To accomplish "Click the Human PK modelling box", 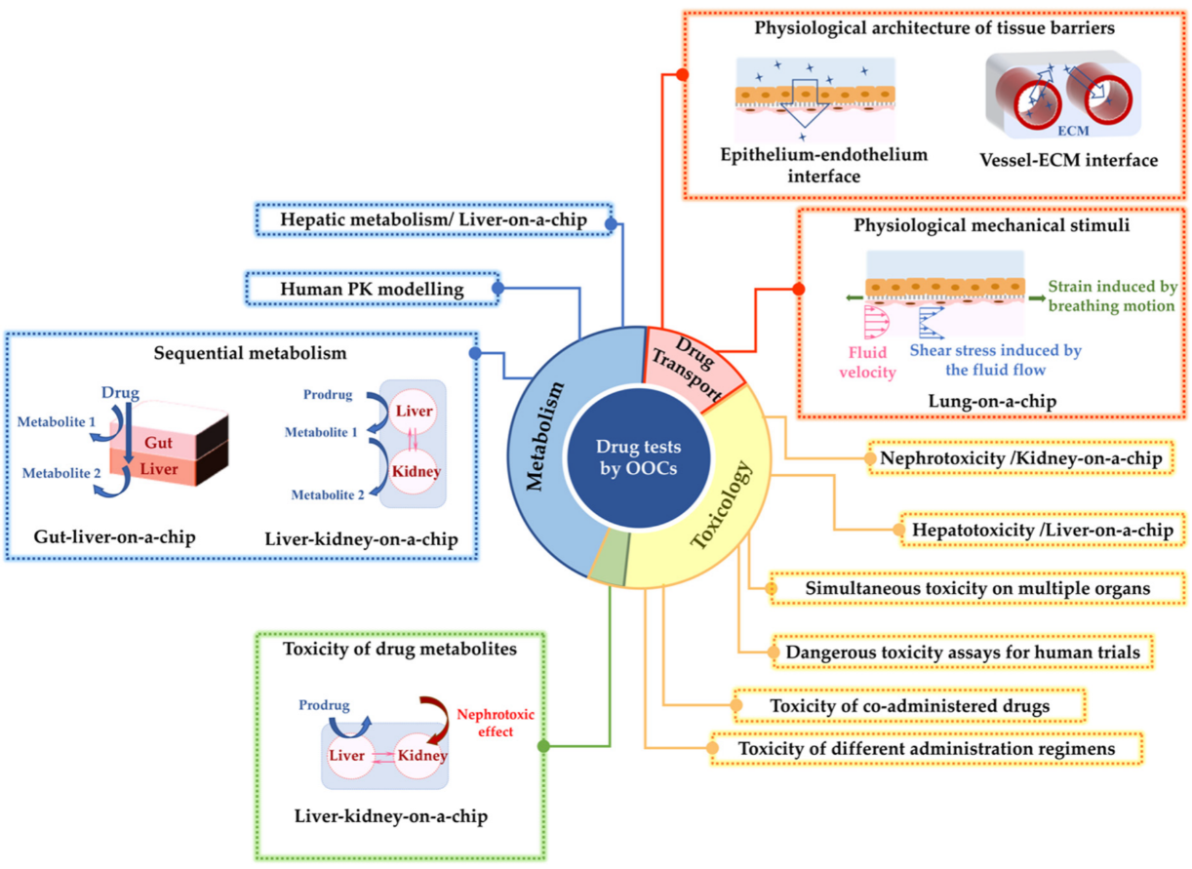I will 372,289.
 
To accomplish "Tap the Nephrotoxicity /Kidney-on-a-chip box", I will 1017,457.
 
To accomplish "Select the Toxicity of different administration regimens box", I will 925,748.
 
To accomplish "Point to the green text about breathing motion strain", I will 1110,296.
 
